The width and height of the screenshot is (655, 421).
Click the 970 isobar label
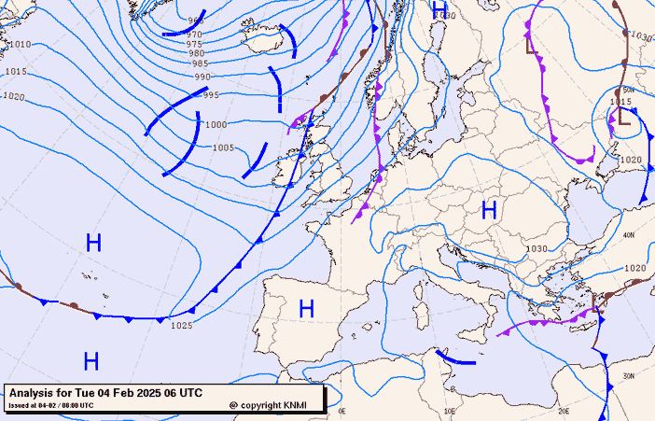click(x=194, y=35)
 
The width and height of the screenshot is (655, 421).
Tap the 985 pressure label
click(x=200, y=64)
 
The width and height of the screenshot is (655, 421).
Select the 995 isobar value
click(x=211, y=95)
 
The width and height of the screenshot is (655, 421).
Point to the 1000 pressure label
click(x=216, y=125)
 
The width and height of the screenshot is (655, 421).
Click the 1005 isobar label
click(x=223, y=148)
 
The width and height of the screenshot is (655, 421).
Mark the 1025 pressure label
click(x=181, y=326)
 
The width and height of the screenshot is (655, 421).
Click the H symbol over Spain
click(x=306, y=307)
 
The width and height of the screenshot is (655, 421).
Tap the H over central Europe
click(x=488, y=210)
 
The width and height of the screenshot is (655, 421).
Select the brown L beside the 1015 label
click(x=623, y=117)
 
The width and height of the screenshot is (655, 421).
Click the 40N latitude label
click(x=628, y=235)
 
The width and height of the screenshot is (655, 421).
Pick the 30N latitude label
click(x=628, y=375)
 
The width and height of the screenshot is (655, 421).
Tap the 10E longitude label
click(x=451, y=411)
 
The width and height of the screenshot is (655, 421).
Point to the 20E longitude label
click(x=563, y=411)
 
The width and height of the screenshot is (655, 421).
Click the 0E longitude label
click(x=341, y=411)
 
